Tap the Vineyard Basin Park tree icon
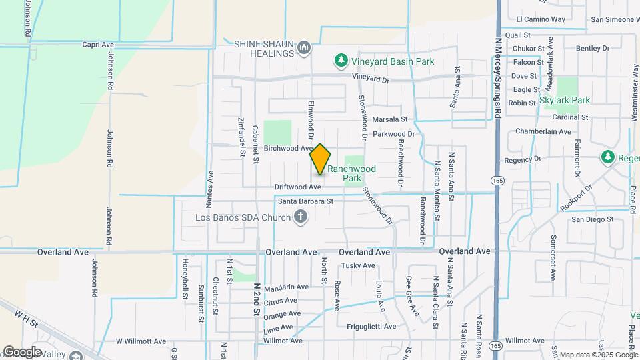coord(341,61)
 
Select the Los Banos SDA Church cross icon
coord(301,217)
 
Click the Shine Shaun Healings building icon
coord(305,47)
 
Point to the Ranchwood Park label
coord(351,173)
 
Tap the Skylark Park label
coord(565,100)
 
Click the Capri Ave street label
coord(98,45)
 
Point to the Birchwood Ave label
coord(289,148)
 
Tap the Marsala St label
coord(389,119)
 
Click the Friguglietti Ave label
coord(371,327)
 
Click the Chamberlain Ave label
coord(543,131)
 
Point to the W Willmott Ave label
coord(141,341)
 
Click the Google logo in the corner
coord(21,352)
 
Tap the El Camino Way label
coord(541,20)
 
